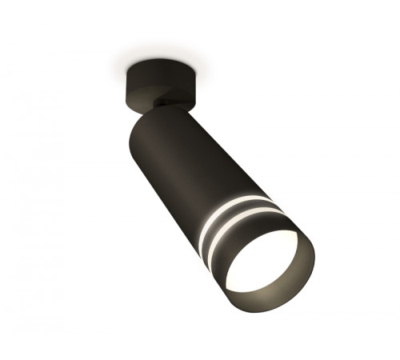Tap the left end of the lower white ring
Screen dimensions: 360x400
pyautogui.click(x=200, y=240)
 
